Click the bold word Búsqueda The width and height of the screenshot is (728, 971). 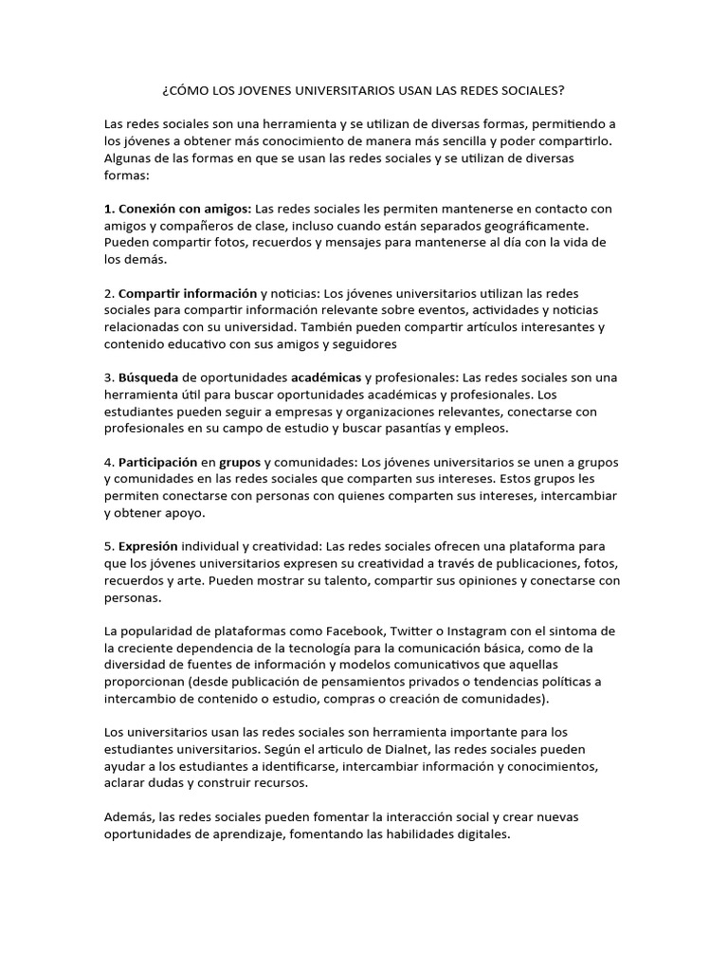[148, 377]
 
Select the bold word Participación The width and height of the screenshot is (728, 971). [158, 463]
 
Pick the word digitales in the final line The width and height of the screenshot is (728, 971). [481, 834]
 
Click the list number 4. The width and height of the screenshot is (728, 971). [108, 463]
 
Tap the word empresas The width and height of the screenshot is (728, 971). [291, 412]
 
